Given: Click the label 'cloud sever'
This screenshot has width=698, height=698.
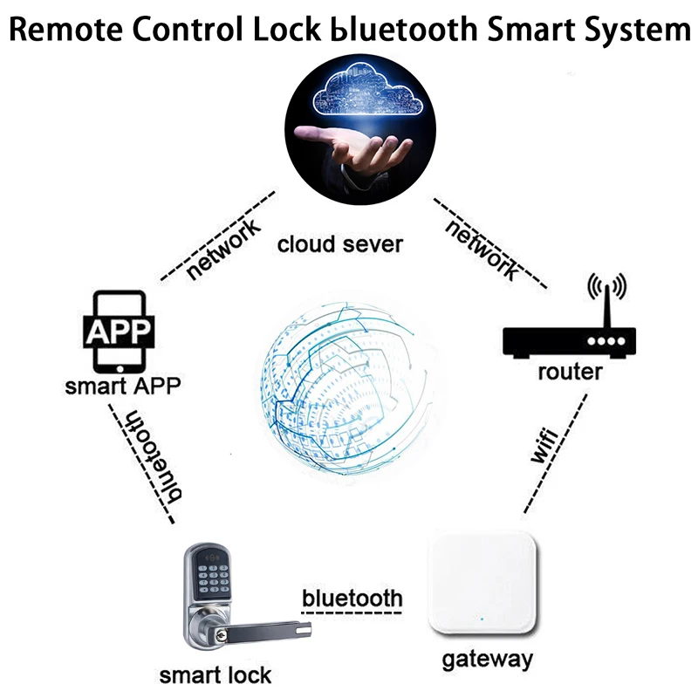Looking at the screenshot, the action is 340,243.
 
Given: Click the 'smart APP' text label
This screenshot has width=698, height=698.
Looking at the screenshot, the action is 122,385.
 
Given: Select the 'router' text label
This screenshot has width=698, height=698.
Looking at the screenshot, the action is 570,373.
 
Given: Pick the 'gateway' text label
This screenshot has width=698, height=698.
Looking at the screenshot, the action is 487,658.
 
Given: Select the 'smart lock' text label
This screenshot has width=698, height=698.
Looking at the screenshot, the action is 215,674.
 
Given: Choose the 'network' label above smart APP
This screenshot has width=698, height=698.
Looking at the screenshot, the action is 224,250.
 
